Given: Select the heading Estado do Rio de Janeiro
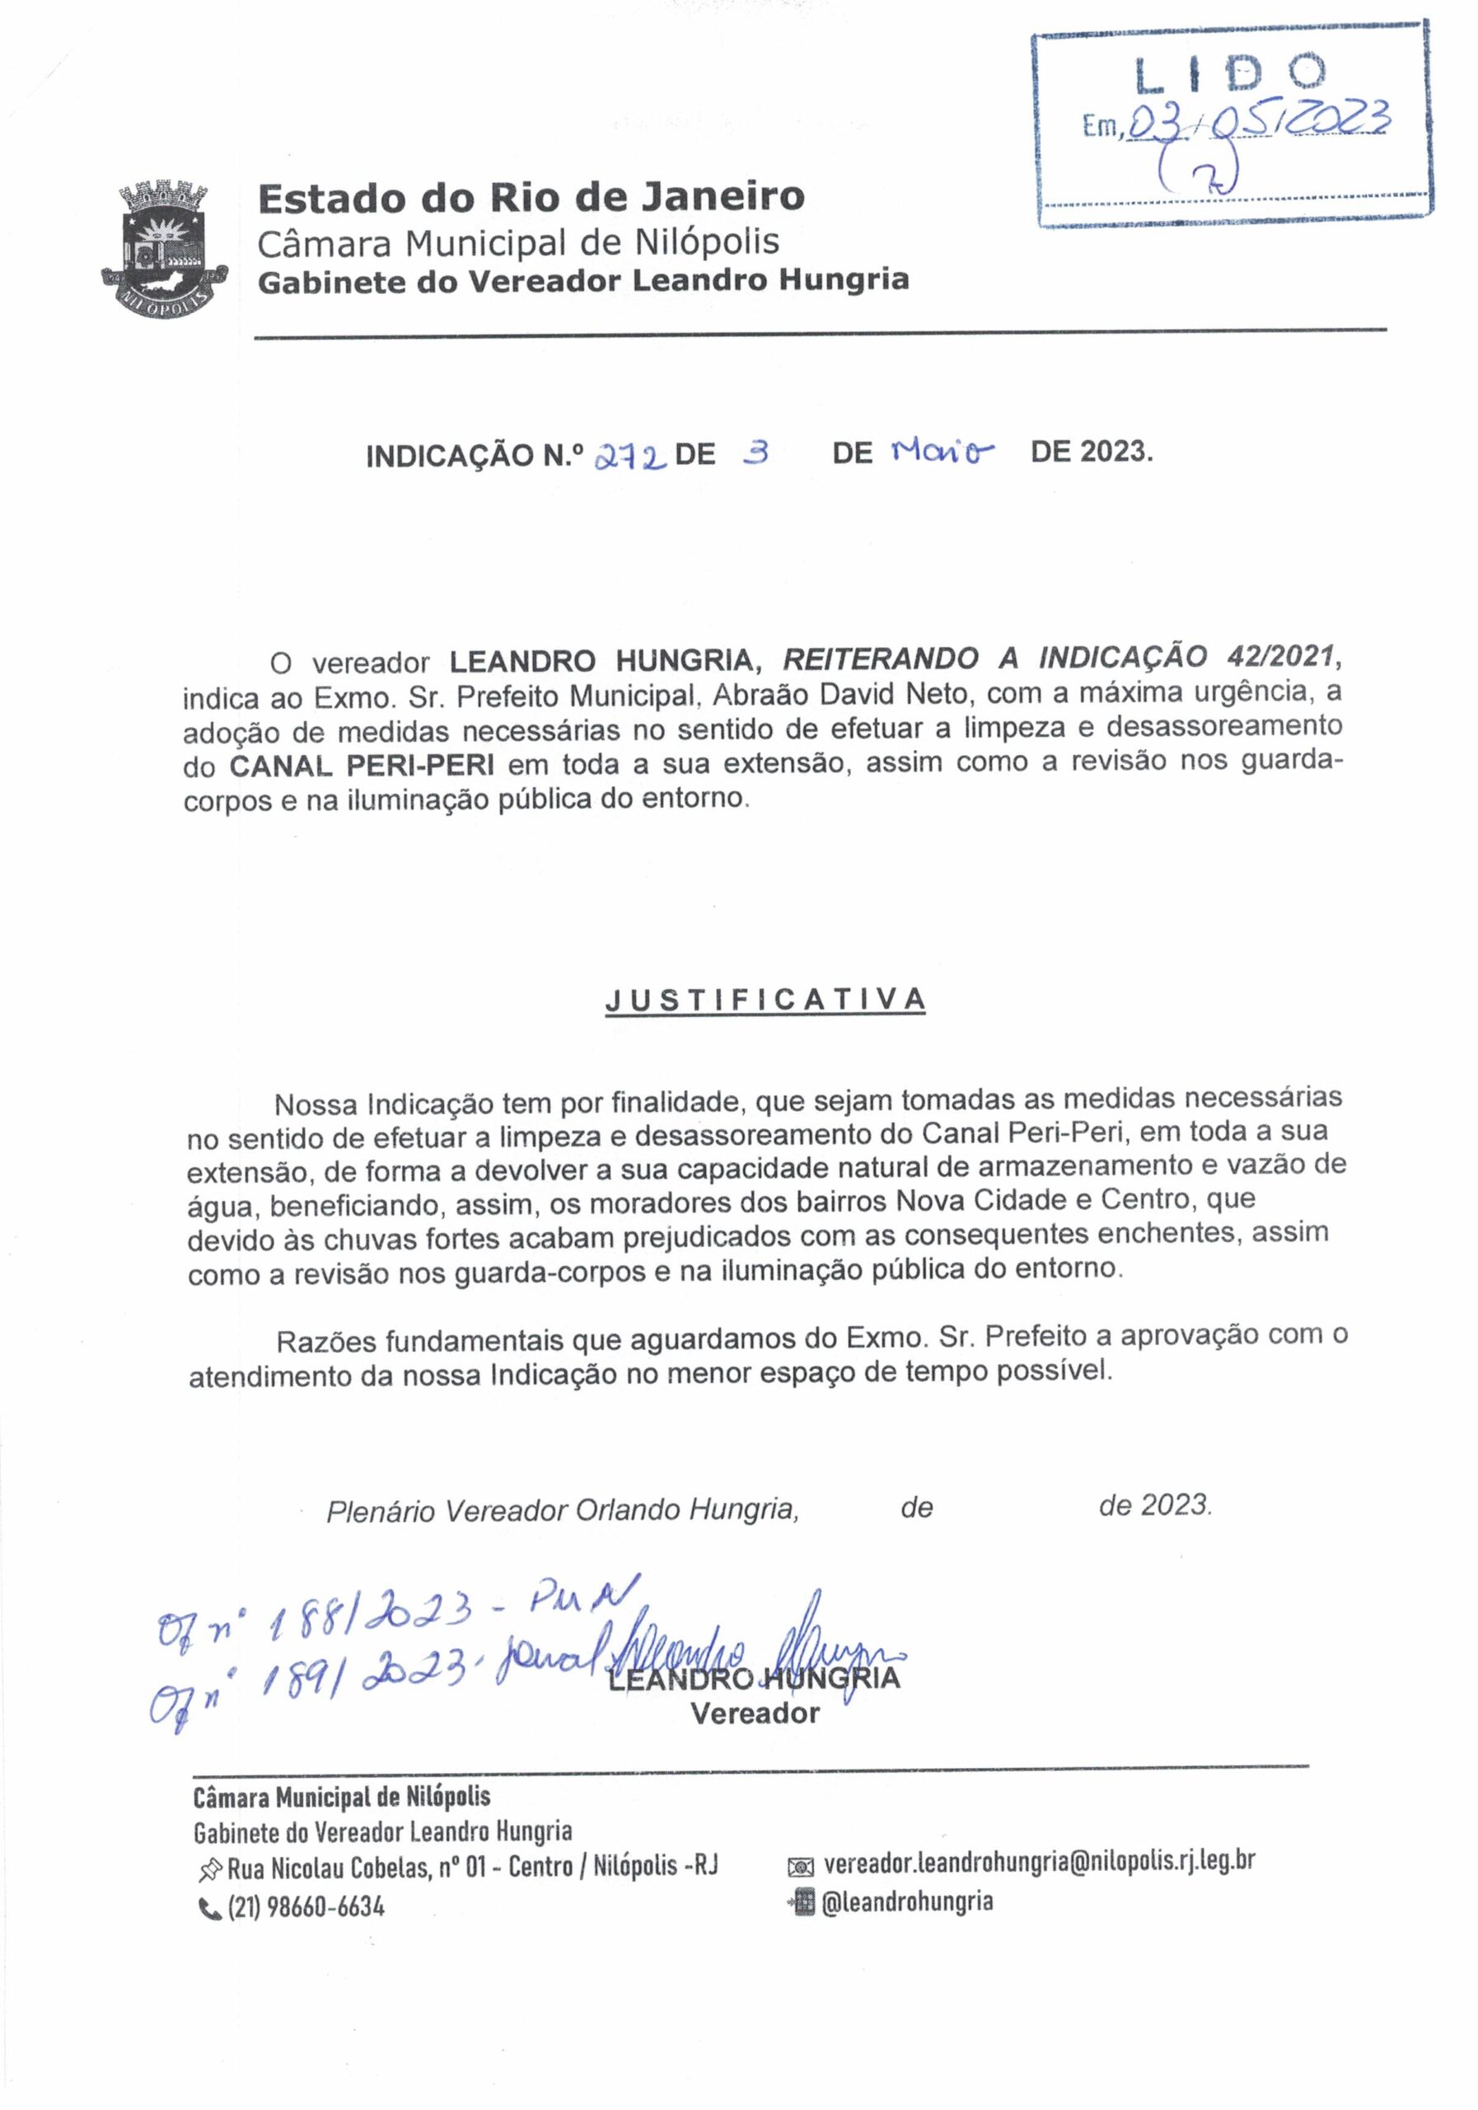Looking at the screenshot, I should (x=531, y=198).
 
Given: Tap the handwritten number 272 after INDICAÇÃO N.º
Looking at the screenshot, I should (x=630, y=454).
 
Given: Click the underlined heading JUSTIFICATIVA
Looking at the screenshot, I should (x=765, y=1001).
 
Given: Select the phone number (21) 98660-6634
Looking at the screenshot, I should (x=305, y=1907).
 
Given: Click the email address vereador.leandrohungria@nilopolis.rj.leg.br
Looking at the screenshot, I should (x=1039, y=1862).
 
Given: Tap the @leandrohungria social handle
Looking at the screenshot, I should (x=905, y=1901).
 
